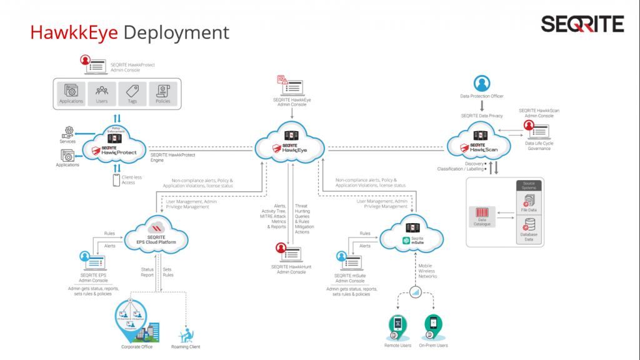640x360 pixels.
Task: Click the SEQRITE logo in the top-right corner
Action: [x=582, y=24]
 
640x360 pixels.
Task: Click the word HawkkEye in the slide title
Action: [x=74, y=32]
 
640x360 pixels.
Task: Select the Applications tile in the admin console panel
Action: [x=71, y=93]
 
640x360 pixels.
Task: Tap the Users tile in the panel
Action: [x=101, y=93]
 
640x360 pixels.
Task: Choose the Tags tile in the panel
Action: [x=132, y=93]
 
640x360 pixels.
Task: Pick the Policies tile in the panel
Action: [x=163, y=93]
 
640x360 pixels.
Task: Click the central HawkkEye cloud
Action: [x=289, y=144]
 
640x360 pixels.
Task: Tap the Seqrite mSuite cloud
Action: [x=413, y=234]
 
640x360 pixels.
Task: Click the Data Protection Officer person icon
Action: [x=481, y=83]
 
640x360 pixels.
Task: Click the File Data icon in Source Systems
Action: [x=528, y=200]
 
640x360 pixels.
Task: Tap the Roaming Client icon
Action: [x=186, y=334]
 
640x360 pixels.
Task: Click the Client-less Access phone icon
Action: [x=116, y=180]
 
